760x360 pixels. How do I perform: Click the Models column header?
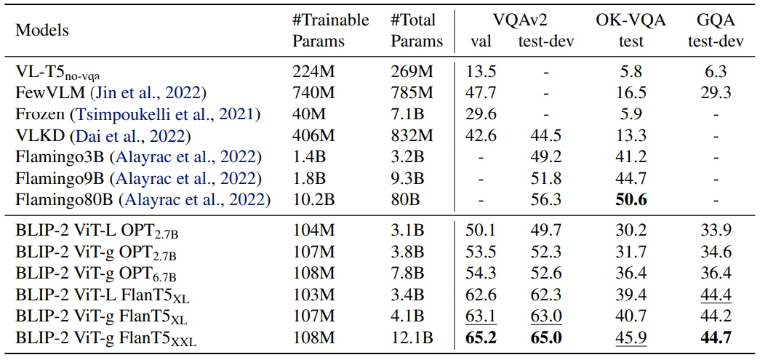tap(42, 31)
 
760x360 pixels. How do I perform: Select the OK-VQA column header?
tap(631, 20)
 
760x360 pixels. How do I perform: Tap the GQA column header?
tap(716, 20)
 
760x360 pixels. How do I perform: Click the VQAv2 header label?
tap(521, 20)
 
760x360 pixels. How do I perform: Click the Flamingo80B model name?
tap(65, 200)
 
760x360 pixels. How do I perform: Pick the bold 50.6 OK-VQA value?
tap(631, 200)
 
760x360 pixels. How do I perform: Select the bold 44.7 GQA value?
tap(716, 338)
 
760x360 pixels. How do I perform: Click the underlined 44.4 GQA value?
tap(716, 295)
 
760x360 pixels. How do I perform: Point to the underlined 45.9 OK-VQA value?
tap(631, 338)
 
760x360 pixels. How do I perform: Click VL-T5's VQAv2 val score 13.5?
tap(480, 72)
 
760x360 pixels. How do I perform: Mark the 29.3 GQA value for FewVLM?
tap(716, 93)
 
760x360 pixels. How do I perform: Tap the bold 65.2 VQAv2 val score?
tap(480, 338)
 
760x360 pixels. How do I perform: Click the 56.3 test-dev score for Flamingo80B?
tap(546, 200)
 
